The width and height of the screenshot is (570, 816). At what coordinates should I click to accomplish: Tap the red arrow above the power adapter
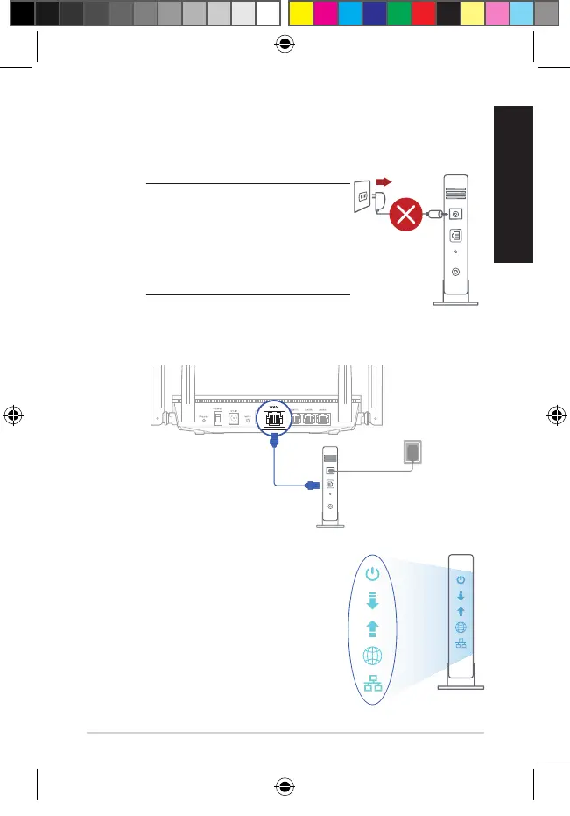[x=384, y=181]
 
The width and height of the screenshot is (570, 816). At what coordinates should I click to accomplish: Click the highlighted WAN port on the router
[x=271, y=416]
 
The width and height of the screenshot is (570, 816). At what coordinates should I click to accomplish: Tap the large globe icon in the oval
[x=373, y=656]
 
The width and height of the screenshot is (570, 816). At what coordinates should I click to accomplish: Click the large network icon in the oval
[x=373, y=684]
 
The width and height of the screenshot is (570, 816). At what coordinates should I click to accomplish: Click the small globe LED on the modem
[x=461, y=628]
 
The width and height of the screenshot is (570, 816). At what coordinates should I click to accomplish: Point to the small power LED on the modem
[x=461, y=580]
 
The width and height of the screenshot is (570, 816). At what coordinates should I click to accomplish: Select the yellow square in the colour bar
[x=300, y=12]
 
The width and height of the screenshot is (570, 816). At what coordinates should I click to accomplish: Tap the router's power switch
[x=203, y=420]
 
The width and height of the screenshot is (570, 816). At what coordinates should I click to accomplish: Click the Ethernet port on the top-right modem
[x=455, y=235]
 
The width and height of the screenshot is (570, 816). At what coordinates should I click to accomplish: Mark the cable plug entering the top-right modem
[x=433, y=213]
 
